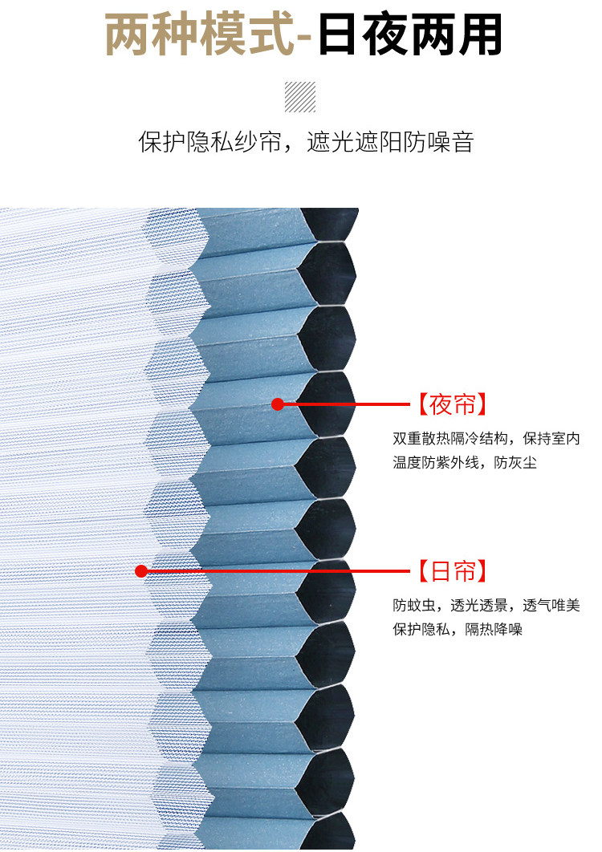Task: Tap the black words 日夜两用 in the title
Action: [x=410, y=35]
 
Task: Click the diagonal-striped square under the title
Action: [x=300, y=97]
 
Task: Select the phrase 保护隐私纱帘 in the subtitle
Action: [x=209, y=143]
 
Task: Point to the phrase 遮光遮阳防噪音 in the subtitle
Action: [x=390, y=143]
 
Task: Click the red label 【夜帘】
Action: [x=452, y=404]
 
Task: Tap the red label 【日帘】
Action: [x=452, y=571]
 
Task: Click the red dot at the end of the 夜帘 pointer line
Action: [x=278, y=404]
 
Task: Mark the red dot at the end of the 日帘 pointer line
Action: [x=141, y=571]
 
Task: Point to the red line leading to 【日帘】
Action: [x=281, y=571]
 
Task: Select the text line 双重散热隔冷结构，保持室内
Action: [x=486, y=440]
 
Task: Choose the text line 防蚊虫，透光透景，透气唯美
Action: [x=486, y=606]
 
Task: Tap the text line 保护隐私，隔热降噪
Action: [x=458, y=630]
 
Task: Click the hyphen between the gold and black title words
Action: [x=304, y=37]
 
